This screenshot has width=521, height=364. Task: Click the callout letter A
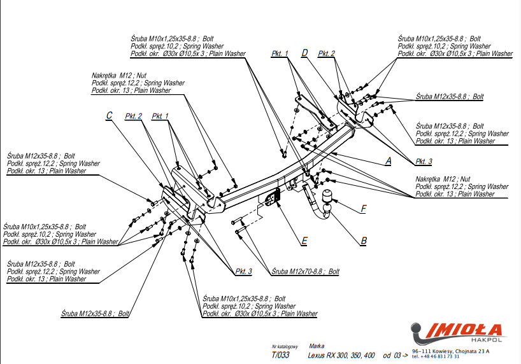[x=388, y=161]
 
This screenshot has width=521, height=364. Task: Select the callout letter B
[x=364, y=241]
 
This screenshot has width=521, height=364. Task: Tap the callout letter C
[x=110, y=115]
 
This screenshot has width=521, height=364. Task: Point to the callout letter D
[x=305, y=53]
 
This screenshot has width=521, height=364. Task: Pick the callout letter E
[x=304, y=241]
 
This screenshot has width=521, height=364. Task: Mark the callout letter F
[x=364, y=208]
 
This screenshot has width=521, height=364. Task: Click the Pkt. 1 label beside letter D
[x=280, y=53]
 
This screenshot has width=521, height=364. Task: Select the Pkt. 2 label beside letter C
[x=133, y=116]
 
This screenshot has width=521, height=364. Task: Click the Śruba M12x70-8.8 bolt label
[x=305, y=271]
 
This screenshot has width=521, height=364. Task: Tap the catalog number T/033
[x=280, y=355]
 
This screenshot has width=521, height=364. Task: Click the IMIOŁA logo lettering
[x=464, y=329]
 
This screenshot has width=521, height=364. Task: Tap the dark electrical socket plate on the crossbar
[x=270, y=199]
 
